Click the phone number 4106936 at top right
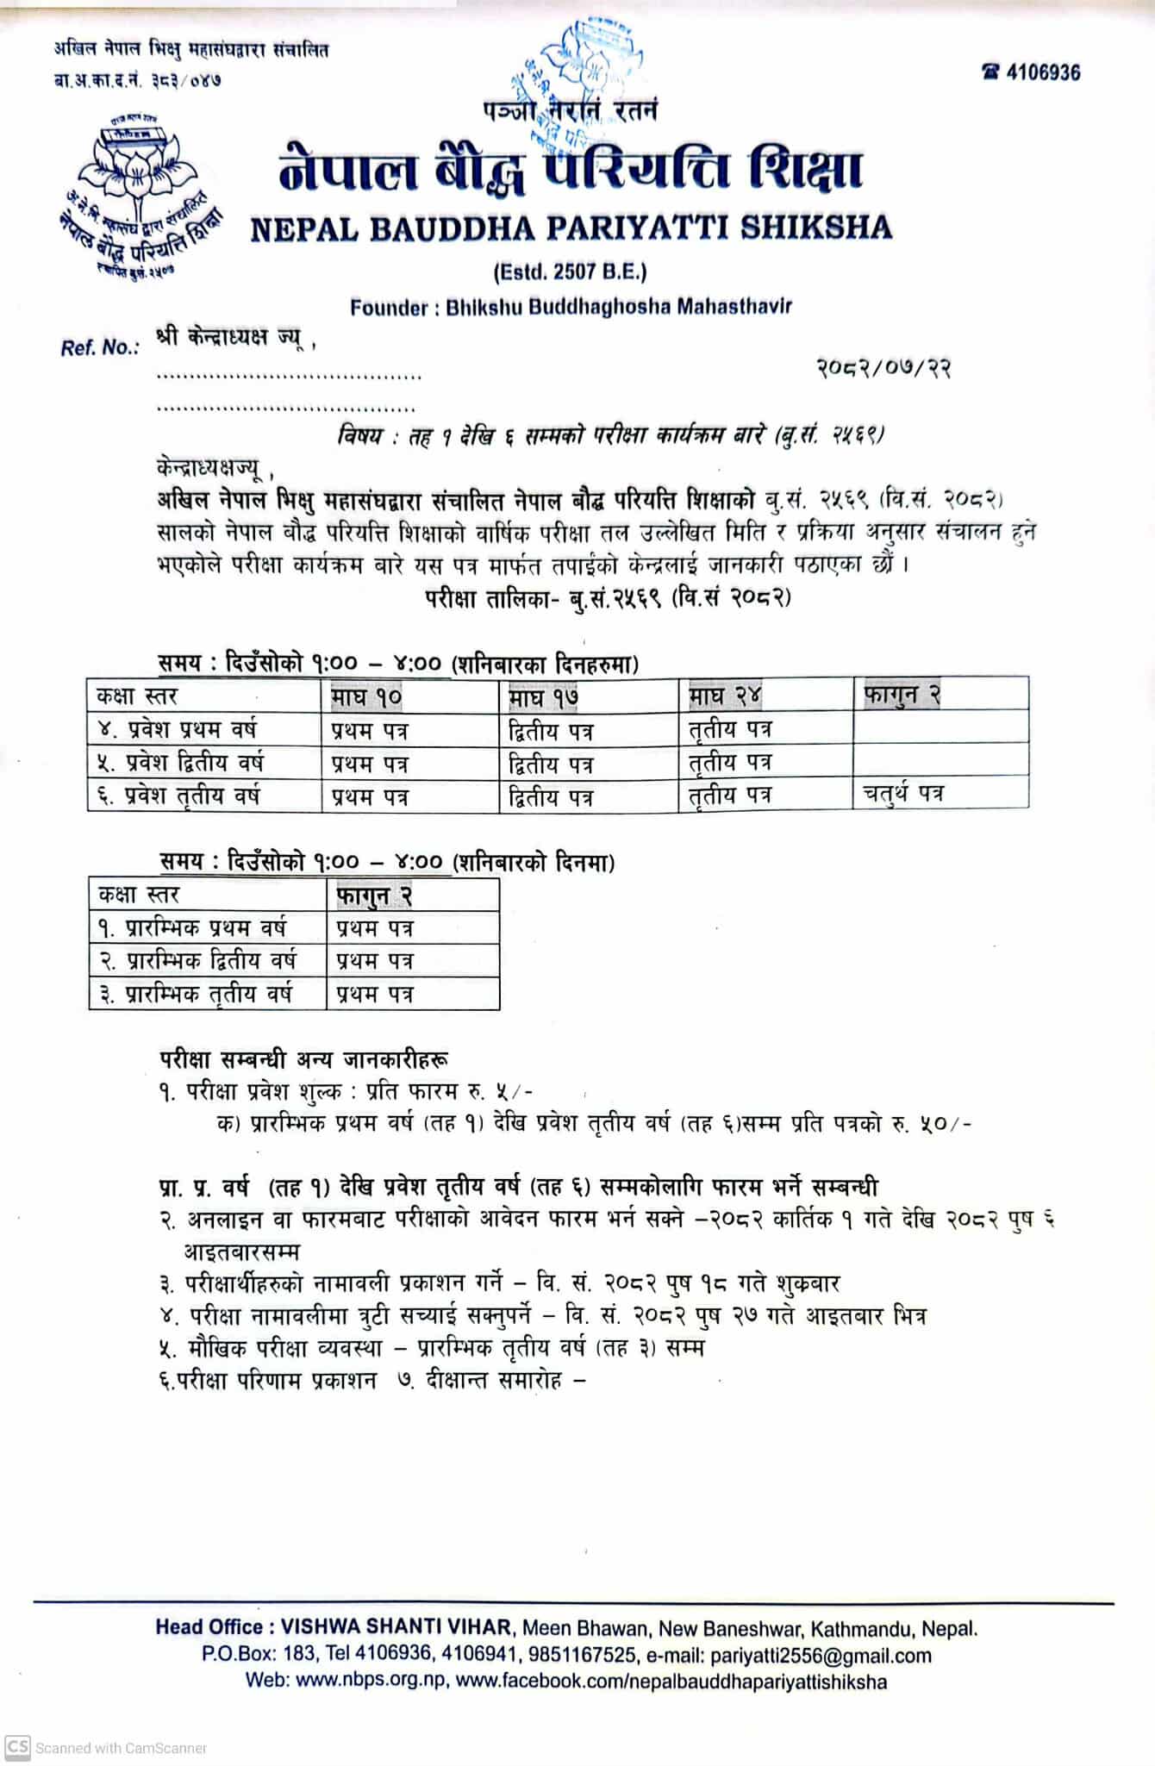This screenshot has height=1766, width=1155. [x=1041, y=72]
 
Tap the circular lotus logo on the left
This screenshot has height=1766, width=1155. [x=141, y=195]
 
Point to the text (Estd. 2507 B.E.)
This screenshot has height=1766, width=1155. [x=570, y=272]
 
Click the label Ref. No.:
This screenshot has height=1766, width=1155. [x=100, y=348]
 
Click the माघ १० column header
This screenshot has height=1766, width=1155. [x=367, y=696]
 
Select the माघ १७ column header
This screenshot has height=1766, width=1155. [x=544, y=696]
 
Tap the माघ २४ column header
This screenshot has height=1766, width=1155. [x=725, y=695]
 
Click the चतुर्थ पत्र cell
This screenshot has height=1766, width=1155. [x=903, y=794]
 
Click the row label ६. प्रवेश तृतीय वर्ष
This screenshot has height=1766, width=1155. [x=178, y=796]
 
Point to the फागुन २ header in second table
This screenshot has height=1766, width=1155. [x=374, y=895]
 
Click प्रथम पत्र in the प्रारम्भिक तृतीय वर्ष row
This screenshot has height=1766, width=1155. [x=375, y=994]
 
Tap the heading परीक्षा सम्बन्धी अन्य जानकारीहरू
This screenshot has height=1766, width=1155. [x=303, y=1058]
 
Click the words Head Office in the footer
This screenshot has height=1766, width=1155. [x=209, y=1628]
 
